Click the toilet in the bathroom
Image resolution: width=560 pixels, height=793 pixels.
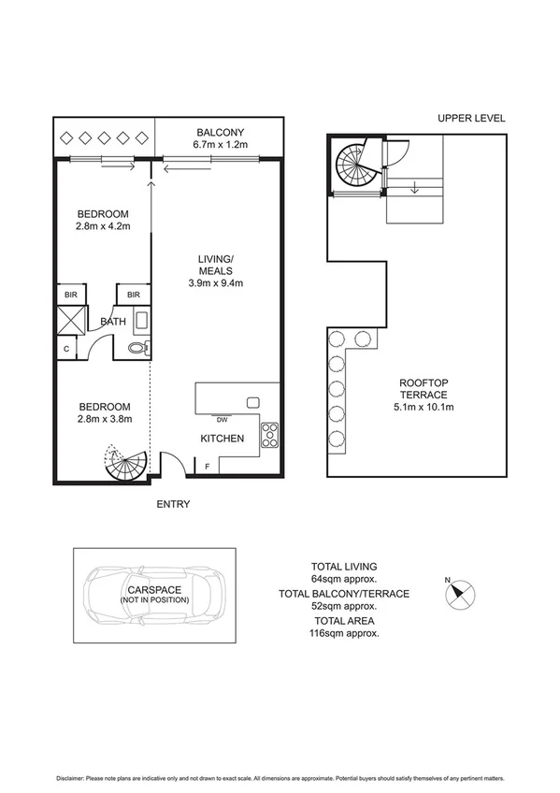(137, 348)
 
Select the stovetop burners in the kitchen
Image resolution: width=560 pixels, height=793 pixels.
(268, 433)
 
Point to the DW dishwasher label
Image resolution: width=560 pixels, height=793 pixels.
(221, 420)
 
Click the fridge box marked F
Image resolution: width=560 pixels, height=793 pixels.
(207, 466)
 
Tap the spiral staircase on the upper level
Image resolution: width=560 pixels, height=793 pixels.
(356, 168)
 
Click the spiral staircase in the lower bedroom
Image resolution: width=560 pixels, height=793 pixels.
(125, 465)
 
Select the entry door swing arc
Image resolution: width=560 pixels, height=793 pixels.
(171, 463)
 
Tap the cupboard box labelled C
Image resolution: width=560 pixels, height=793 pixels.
(65, 349)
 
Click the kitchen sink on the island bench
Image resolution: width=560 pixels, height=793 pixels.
(251, 401)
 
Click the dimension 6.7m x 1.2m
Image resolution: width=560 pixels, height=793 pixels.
(220, 145)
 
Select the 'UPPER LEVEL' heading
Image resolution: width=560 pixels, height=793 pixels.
(471, 119)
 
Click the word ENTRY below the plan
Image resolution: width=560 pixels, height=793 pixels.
(173, 504)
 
